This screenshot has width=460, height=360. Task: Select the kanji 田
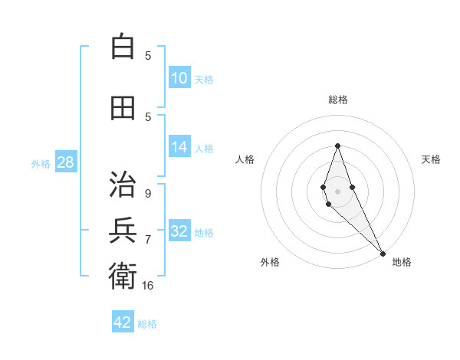coord(123,108)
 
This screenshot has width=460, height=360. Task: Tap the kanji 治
coord(123,185)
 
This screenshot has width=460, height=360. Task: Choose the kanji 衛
coord(123,273)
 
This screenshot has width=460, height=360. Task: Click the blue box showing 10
coord(179,78)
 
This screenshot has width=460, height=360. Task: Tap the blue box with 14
coord(179,148)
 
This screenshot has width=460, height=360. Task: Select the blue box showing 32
coord(179,232)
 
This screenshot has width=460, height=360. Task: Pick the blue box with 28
coord(65,162)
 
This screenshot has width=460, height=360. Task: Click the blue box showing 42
coord(123,322)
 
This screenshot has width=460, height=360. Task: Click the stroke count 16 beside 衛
coord(148,285)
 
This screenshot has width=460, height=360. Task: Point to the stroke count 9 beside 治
coord(148,194)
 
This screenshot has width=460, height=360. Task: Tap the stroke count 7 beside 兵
coord(148,240)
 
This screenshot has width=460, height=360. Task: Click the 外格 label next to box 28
coord(41,163)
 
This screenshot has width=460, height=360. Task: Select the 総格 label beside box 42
coord(147,323)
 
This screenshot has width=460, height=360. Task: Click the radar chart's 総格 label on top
coord(337,100)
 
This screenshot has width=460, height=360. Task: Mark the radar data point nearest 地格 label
coord(382,254)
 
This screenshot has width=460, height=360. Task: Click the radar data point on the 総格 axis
coord(337,146)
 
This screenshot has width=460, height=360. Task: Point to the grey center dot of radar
coord(337,190)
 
